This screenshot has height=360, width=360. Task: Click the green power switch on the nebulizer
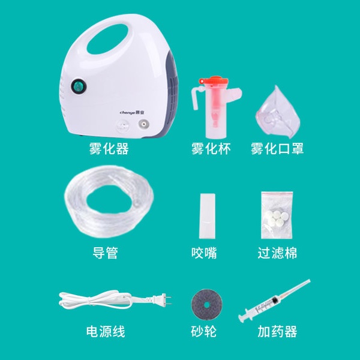pyautogui.click(x=79, y=87)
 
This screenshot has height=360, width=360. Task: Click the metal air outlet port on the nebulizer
pyautogui.click(x=143, y=124)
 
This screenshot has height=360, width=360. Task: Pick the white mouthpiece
pyautogui.click(x=207, y=216)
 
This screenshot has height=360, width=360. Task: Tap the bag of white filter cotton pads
pyautogui.click(x=277, y=215)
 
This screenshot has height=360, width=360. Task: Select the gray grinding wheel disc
pyautogui.click(x=207, y=305)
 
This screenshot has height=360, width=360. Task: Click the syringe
pyautogui.click(x=274, y=301)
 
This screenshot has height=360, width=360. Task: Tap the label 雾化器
pyautogui.click(x=109, y=149)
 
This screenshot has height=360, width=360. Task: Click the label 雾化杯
pyautogui.click(x=211, y=149)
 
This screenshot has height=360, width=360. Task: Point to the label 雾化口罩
pyautogui.click(x=277, y=149)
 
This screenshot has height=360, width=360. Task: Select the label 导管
pyautogui.click(x=105, y=253)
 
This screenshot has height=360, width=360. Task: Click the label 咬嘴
pyautogui.click(x=204, y=253)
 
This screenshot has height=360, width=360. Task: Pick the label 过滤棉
pyautogui.click(x=277, y=253)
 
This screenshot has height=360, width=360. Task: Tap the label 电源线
pyautogui.click(x=106, y=332)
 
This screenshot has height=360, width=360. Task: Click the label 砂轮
pyautogui.click(x=203, y=332)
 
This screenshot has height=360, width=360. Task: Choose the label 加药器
pyautogui.click(x=277, y=332)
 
